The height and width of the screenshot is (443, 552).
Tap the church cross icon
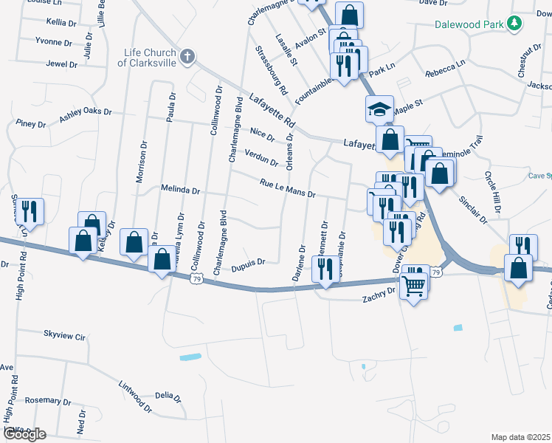(x=187, y=55)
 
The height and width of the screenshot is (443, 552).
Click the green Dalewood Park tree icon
(x=515, y=24)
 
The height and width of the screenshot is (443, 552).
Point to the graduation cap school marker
(x=379, y=109)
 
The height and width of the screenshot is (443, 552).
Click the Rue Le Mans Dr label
(x=288, y=189)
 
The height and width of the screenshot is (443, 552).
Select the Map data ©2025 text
(x=520, y=437)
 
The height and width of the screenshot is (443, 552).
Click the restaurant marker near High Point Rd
(x=30, y=211)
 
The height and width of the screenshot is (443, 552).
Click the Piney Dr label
(x=30, y=124)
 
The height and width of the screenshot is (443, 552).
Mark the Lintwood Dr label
(x=135, y=396)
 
